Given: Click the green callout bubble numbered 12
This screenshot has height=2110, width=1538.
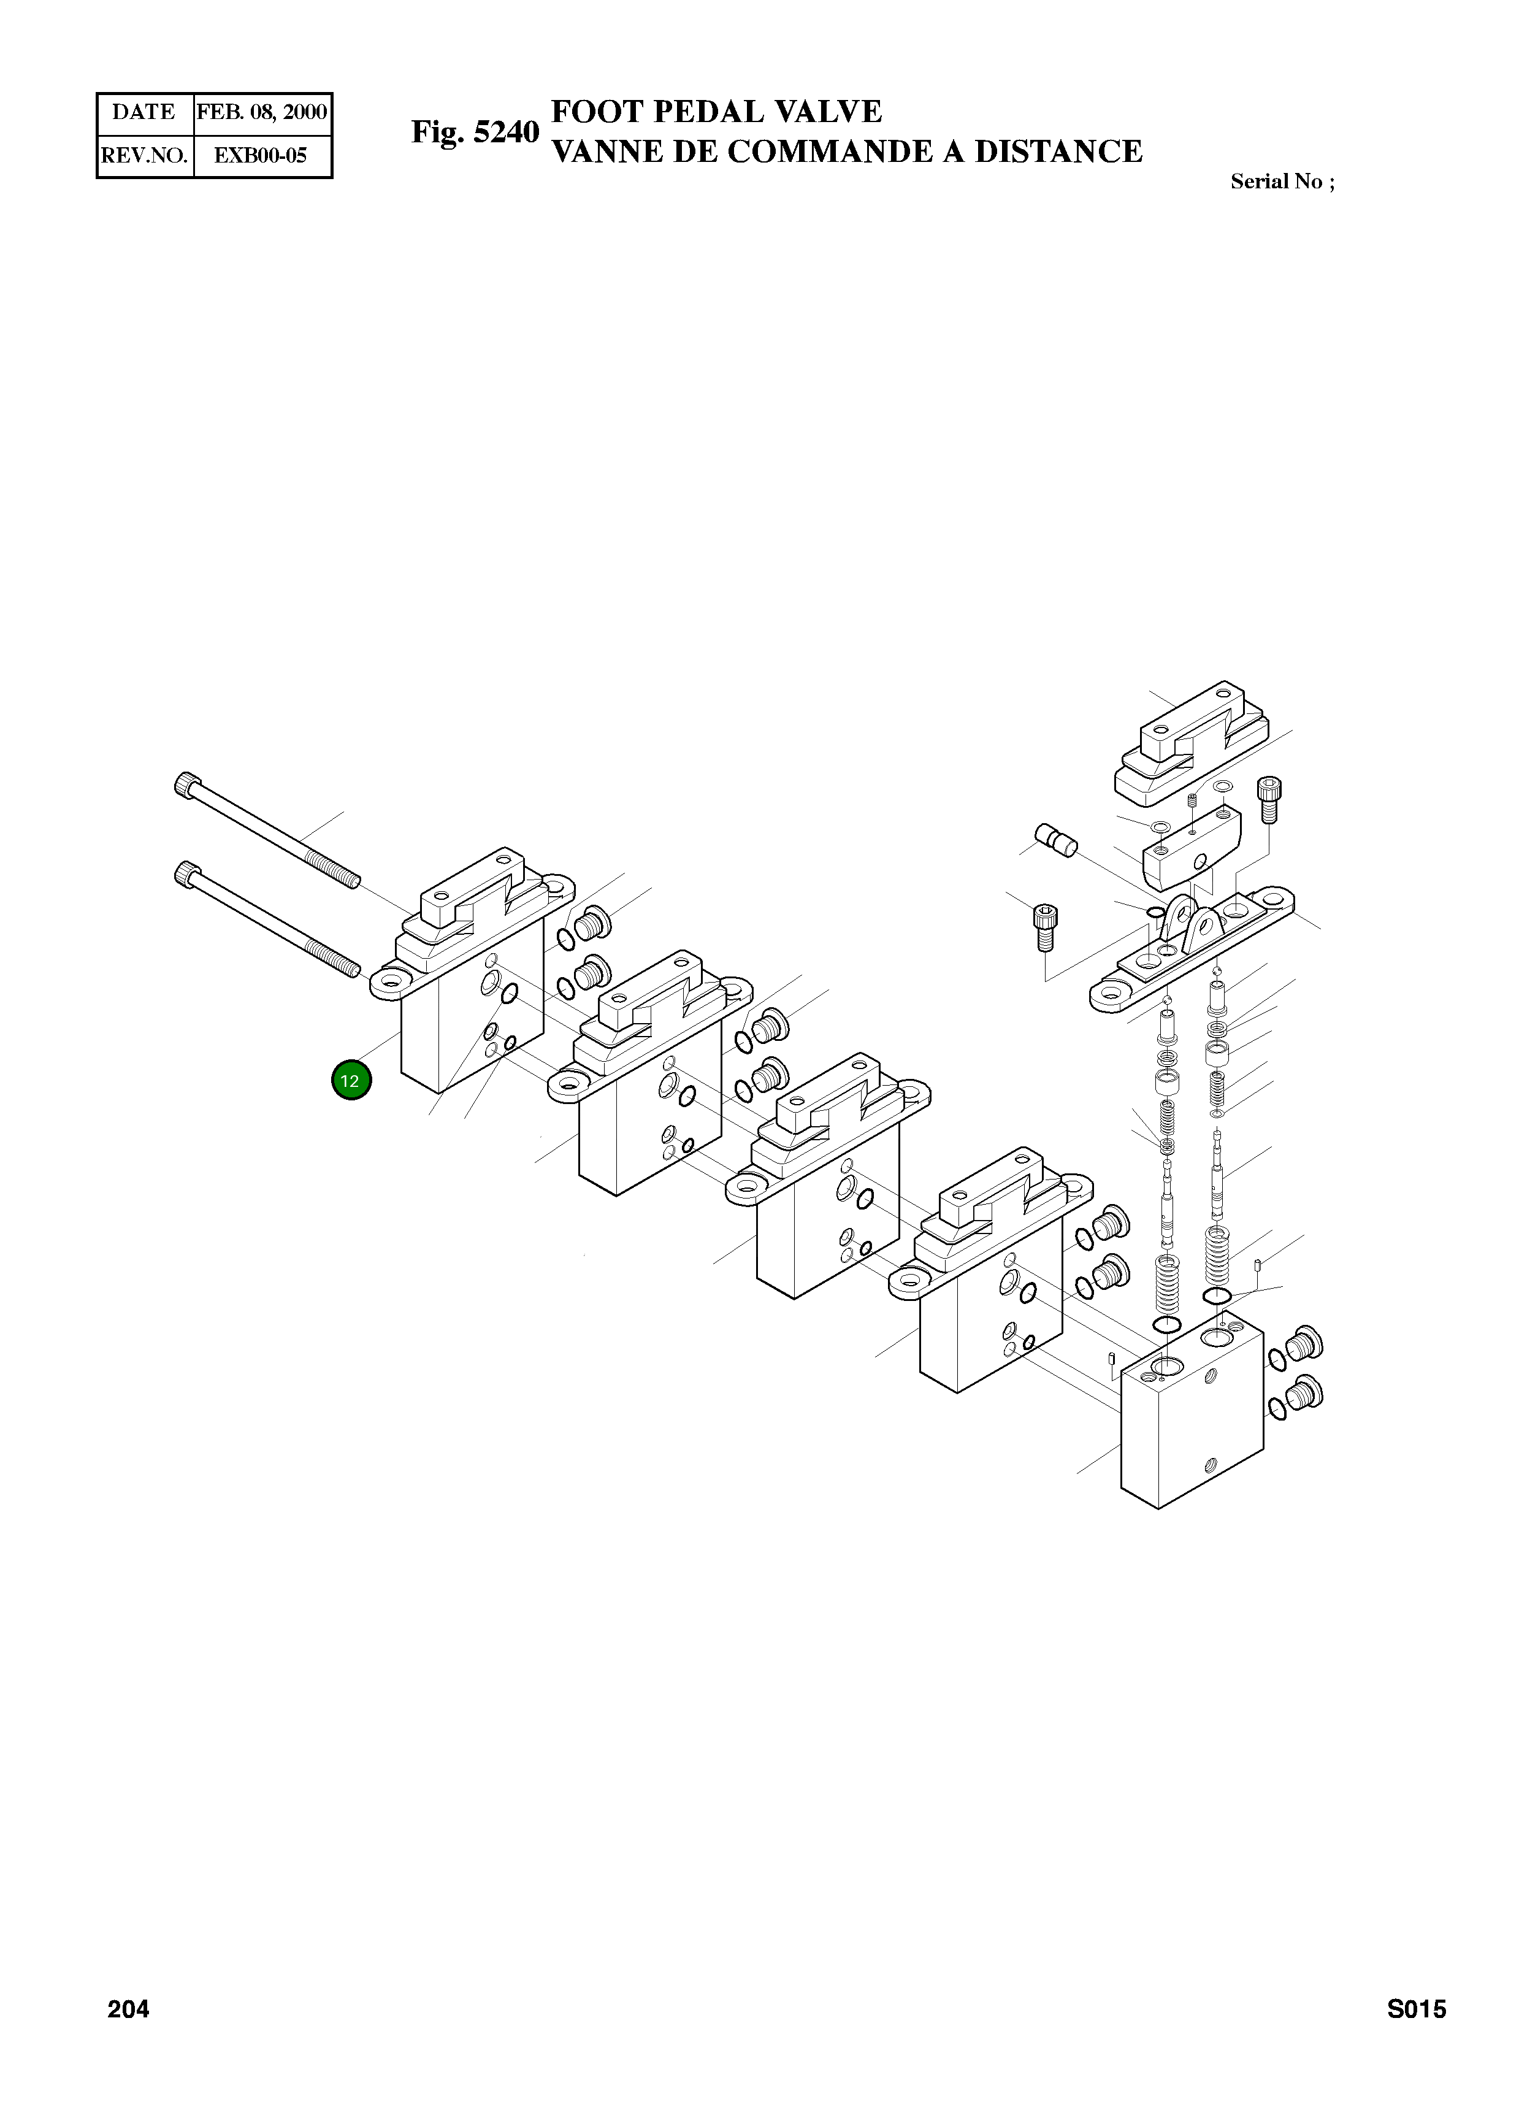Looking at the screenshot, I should [351, 1081].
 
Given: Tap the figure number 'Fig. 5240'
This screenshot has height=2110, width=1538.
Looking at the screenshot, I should [475, 132].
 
